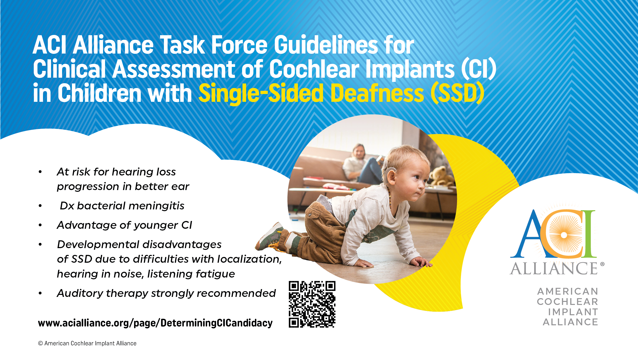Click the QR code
click(312, 304)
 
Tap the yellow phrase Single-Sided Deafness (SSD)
click(341, 94)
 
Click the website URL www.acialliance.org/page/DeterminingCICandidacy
click(155, 323)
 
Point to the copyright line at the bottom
click(87, 343)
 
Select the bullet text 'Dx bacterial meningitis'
click(122, 206)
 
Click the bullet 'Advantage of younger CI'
click(124, 225)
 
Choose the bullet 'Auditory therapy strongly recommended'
click(166, 293)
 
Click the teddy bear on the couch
click(442, 175)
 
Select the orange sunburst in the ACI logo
click(564, 235)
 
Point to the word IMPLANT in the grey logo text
click(573, 312)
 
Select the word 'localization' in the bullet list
click(249, 259)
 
